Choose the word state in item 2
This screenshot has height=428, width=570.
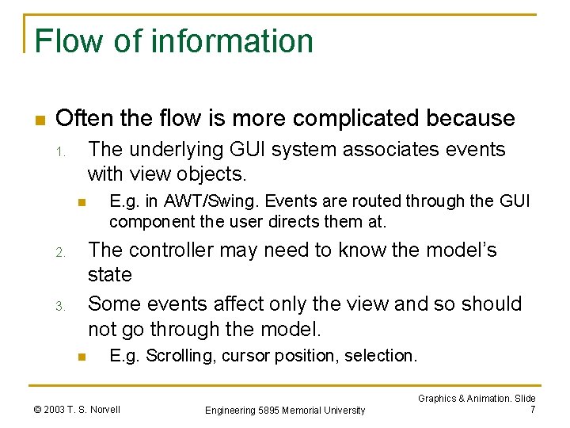click(110, 275)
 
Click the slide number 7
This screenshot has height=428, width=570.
click(533, 409)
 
